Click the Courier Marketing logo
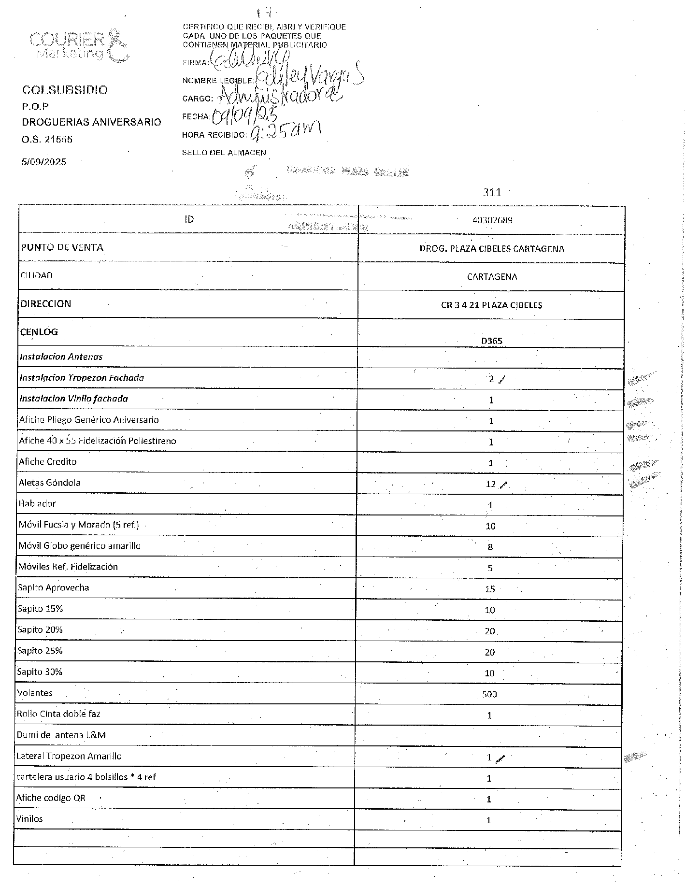(79, 45)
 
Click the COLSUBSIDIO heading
(65, 90)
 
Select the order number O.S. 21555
(47, 139)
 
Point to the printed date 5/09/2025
(43, 162)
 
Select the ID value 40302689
(492, 220)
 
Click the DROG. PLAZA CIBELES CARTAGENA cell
(491, 249)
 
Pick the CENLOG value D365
(491, 341)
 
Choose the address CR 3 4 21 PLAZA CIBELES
(491, 305)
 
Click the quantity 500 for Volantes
(489, 694)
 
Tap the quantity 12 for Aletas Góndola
(491, 484)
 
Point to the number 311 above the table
(492, 192)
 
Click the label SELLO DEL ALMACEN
(224, 153)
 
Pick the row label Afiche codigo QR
(51, 798)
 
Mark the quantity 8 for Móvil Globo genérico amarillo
(490, 547)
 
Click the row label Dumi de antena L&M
(61, 735)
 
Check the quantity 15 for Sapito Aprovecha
(490, 589)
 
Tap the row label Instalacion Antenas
(61, 357)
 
